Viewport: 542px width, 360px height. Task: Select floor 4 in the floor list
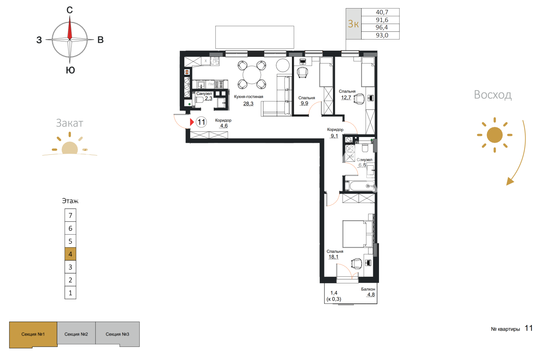click(70, 254)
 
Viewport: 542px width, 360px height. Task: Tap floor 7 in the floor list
click(70, 215)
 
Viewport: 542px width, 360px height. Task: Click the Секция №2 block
click(76, 334)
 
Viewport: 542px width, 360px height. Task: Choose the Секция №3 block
click(118, 334)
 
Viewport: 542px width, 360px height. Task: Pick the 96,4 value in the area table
click(382, 27)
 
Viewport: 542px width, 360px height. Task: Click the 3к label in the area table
click(353, 24)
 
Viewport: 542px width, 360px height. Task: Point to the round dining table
click(252, 75)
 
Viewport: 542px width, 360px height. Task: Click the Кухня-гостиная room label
click(249, 97)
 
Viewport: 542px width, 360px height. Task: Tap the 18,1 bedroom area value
click(333, 257)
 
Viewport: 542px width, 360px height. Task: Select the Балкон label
click(368, 289)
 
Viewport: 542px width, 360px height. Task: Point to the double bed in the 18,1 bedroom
click(357, 234)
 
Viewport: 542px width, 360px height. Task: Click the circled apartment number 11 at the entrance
click(201, 122)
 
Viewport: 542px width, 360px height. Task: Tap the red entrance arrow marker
click(192, 122)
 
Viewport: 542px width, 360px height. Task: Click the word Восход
click(492, 94)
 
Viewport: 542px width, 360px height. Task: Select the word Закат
click(70, 123)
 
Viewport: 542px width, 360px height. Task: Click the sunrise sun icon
click(495, 135)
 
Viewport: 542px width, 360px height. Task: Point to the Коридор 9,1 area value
click(334, 136)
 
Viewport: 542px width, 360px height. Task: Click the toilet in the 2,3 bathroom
click(199, 100)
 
